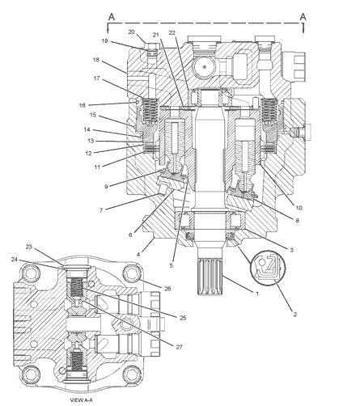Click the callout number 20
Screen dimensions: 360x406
[x=131, y=32]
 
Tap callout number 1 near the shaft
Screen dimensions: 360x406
[x=257, y=294]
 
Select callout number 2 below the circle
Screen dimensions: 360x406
[x=295, y=314]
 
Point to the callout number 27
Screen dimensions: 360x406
[x=180, y=347]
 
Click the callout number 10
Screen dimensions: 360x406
[x=299, y=208]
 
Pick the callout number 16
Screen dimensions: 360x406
[x=82, y=105]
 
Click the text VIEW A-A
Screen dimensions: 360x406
[x=81, y=400]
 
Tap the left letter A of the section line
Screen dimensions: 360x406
[x=112, y=17]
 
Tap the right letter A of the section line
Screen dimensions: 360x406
[x=303, y=17]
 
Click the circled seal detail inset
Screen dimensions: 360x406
[x=268, y=268]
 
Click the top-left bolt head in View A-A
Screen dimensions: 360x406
[x=31, y=273]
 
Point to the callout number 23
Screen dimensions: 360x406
[x=29, y=247]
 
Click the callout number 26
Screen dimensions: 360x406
[x=167, y=289]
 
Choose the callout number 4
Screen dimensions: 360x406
[x=138, y=254]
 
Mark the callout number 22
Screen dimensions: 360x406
[x=172, y=32]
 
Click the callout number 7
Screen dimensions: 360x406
[x=101, y=210]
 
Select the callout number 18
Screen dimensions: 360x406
[x=96, y=60]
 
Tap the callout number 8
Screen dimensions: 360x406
[x=297, y=220]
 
